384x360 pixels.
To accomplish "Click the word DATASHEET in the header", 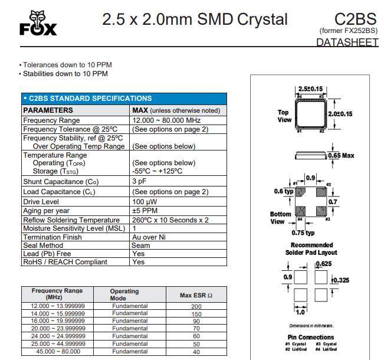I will (x=347, y=42).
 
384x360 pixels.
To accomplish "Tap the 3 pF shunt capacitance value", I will (x=139, y=182).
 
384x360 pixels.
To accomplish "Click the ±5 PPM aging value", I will (x=145, y=211).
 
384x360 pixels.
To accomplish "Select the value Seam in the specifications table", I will (x=141, y=246).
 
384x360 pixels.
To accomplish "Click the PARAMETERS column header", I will (x=48, y=110).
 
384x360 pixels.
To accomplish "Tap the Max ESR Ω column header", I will (x=196, y=294).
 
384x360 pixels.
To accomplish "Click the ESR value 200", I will (x=196, y=306).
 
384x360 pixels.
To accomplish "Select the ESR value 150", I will (x=196, y=314).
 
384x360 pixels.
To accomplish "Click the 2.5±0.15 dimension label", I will (x=311, y=89).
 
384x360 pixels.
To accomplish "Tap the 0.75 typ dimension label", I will (x=303, y=233).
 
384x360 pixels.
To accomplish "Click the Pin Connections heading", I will (x=311, y=338).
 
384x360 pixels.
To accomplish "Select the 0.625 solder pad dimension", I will (x=325, y=263).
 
